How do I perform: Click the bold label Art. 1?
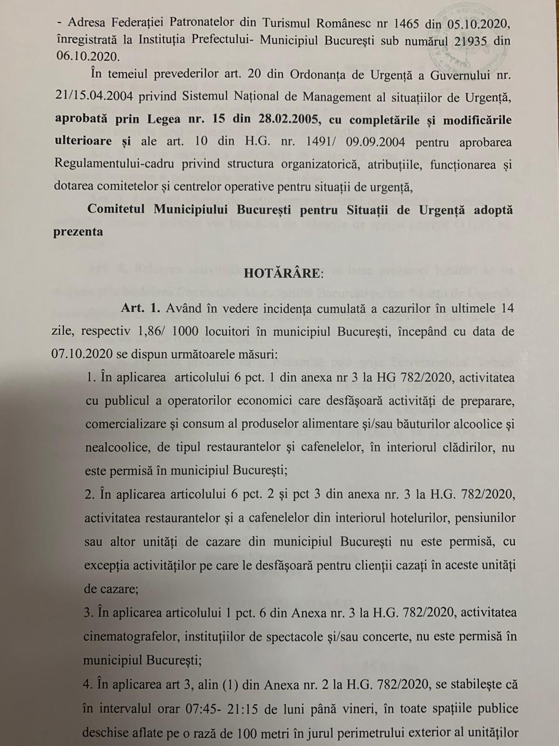point(141,309)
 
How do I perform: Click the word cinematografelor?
point(130,636)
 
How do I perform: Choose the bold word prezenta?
point(78,231)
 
